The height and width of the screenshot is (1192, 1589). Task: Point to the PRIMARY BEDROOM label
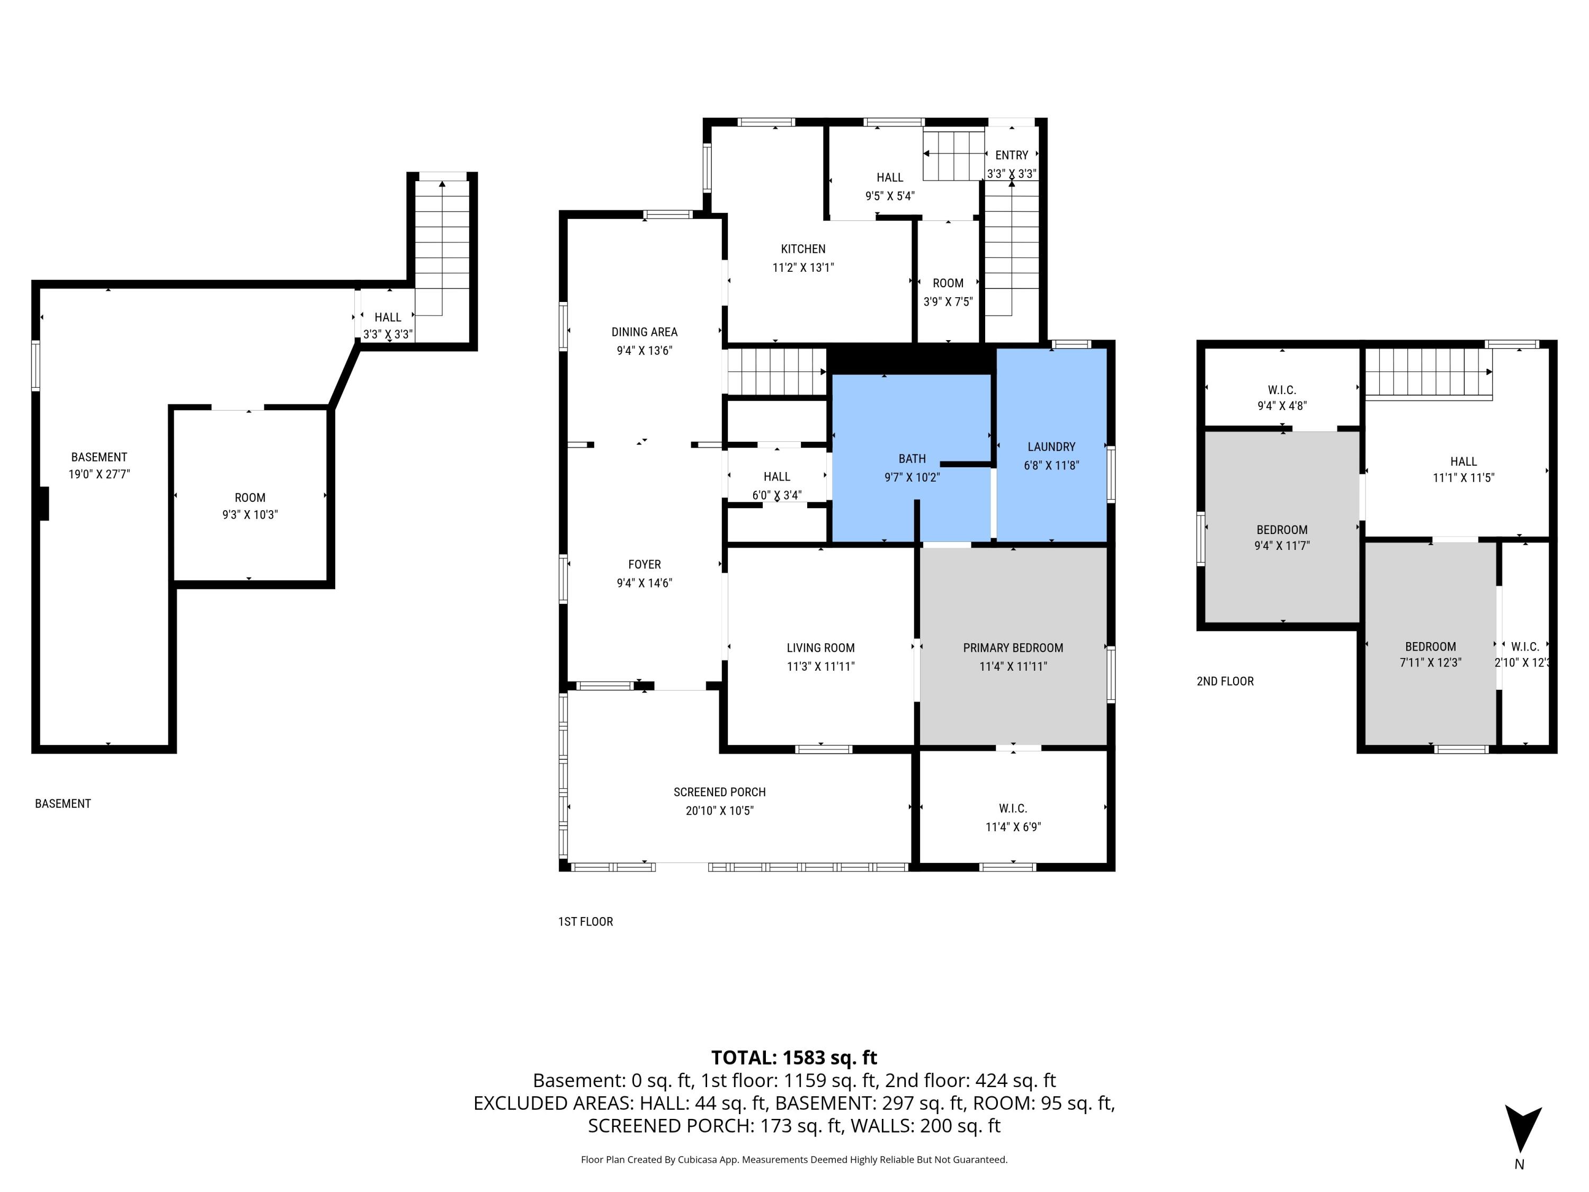tap(1013, 648)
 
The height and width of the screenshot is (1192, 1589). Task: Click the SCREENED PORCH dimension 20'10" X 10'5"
tap(719, 811)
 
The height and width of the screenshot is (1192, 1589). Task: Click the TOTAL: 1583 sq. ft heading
tap(794, 1057)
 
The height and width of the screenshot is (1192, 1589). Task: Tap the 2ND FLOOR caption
tap(1225, 681)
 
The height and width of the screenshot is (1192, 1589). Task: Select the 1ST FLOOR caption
tap(585, 922)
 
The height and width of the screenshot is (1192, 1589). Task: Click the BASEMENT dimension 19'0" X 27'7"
tap(99, 474)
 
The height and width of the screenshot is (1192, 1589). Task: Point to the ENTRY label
tap(1012, 155)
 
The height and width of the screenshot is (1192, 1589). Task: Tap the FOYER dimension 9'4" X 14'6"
tap(645, 583)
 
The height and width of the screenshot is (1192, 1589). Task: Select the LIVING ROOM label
tap(820, 648)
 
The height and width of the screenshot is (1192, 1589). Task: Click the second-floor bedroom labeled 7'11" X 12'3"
tap(1430, 654)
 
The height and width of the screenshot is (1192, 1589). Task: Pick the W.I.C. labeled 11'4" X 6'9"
tap(1013, 817)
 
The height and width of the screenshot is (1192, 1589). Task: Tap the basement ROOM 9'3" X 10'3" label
tap(250, 506)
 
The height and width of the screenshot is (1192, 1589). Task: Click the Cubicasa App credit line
tap(794, 1160)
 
